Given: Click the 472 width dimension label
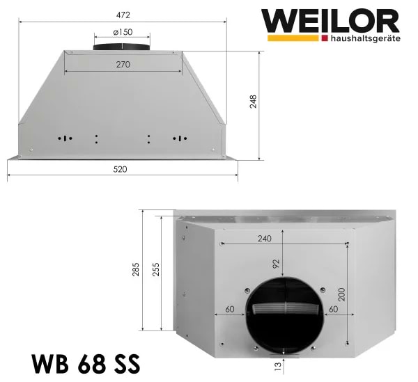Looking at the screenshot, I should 122,15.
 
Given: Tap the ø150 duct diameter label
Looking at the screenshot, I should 123,32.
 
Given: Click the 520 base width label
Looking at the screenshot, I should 122,169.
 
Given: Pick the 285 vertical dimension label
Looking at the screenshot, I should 136,270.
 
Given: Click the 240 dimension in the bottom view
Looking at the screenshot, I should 264,238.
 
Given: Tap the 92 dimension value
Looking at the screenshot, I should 276,264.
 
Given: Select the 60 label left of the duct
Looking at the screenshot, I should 229,308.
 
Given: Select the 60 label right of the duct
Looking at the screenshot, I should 334,308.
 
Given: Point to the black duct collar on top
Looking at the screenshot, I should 123,45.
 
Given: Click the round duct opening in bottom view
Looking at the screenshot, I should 282,313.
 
